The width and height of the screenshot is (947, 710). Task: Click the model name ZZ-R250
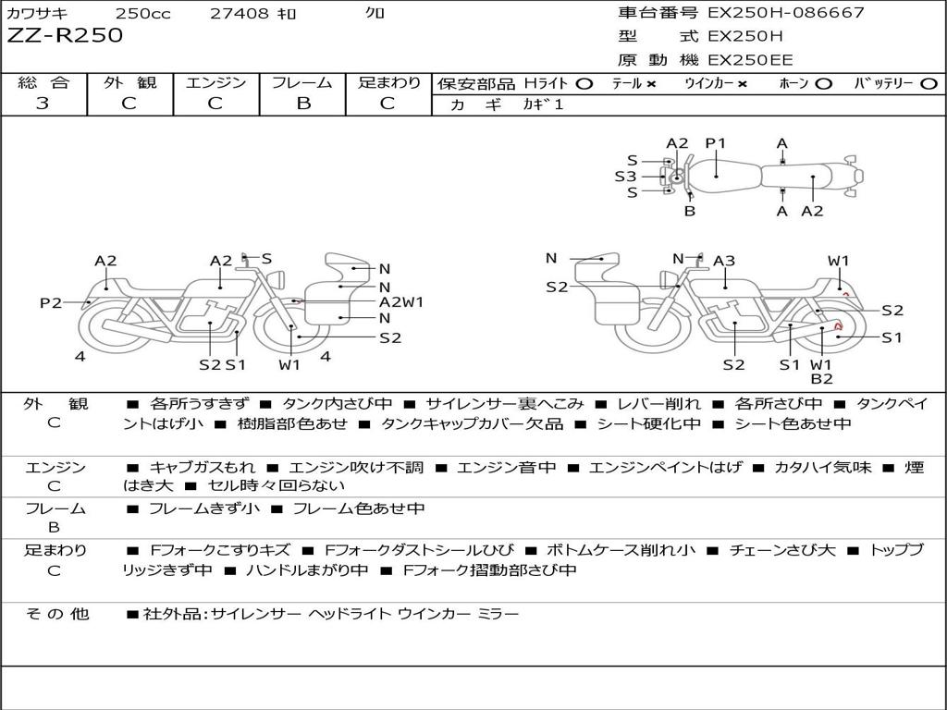[65, 35]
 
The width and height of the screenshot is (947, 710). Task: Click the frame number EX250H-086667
[786, 12]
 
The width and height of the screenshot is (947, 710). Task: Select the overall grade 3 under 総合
[43, 103]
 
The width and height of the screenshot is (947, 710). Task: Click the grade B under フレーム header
[303, 104]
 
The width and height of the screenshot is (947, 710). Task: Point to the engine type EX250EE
[749, 60]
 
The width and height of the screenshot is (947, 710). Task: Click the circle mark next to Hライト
[584, 84]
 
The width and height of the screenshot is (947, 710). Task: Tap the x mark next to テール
[650, 84]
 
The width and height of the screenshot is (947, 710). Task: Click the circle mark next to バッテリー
[929, 84]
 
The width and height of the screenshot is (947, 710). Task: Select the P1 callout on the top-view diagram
[716, 143]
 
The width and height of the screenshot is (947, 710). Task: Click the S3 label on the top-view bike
[625, 177]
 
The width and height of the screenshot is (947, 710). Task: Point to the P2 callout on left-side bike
[51, 302]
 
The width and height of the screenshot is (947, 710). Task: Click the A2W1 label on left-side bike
[401, 302]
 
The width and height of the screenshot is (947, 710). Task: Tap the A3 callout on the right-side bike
[723, 261]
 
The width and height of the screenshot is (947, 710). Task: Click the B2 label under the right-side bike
[821, 378]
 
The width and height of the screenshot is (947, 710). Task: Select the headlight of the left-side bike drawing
[278, 280]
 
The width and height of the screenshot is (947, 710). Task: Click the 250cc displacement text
[142, 13]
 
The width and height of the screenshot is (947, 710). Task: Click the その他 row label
[56, 614]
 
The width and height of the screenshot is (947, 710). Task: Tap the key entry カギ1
[543, 104]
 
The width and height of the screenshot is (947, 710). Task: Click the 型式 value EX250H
[744, 36]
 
